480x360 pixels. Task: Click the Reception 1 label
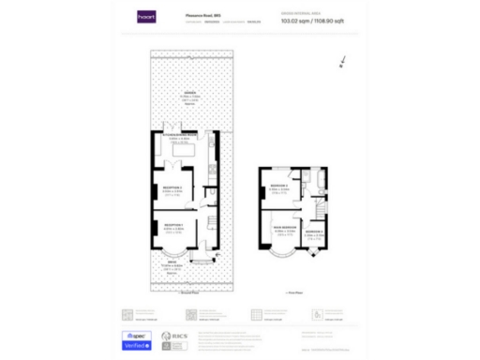coord(173,226)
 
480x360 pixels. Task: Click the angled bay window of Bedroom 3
coord(313,252)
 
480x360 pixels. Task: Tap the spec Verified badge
coord(138,340)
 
